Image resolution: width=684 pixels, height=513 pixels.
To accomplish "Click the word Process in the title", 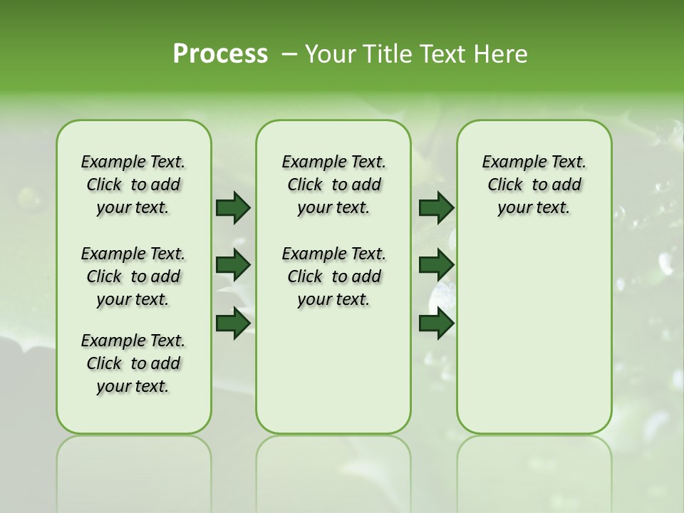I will click(x=220, y=54).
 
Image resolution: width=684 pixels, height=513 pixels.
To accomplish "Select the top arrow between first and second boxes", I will click(x=233, y=207).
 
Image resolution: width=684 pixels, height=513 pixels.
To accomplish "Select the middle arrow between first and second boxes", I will click(x=233, y=265).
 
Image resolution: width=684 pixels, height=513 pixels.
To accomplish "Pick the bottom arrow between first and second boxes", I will click(x=233, y=323).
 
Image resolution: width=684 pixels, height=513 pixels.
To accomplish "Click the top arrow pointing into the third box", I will click(x=436, y=207).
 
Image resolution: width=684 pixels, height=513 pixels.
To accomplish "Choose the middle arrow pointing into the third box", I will click(x=436, y=265).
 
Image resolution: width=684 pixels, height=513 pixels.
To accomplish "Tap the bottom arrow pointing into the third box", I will click(x=436, y=323).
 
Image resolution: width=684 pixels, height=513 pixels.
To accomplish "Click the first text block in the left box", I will click(x=133, y=185).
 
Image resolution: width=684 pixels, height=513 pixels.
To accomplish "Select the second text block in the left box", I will click(x=133, y=276).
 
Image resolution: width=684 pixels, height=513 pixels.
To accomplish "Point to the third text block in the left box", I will click(x=133, y=363).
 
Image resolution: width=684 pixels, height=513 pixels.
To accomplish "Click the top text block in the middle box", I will click(x=333, y=185).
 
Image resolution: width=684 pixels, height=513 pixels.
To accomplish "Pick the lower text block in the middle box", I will click(x=333, y=276).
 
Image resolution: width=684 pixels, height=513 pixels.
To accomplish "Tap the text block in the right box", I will click(x=534, y=185).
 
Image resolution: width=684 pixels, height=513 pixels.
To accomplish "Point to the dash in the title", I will click(x=289, y=55).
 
